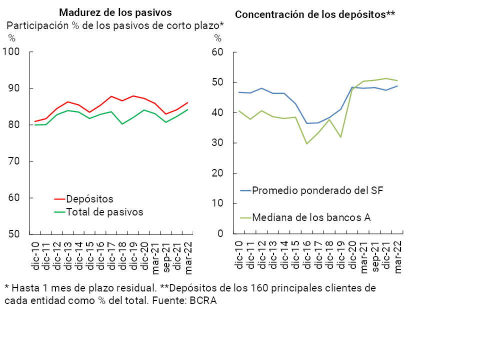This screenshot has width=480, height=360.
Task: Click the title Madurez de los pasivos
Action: (115, 12)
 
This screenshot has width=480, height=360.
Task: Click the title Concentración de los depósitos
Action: (314, 14)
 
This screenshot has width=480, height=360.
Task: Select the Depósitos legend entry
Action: (89, 199)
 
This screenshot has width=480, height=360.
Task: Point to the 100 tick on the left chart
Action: (11, 52)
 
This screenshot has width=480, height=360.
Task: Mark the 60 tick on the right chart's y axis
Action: (217, 52)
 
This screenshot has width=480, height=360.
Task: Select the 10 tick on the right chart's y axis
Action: (217, 203)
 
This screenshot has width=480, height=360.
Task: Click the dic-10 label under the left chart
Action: (35, 256)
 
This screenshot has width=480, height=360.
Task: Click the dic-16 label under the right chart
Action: (307, 256)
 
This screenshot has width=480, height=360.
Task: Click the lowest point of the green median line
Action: (307, 143)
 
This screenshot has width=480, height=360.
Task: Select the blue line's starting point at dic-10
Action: (239, 92)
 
